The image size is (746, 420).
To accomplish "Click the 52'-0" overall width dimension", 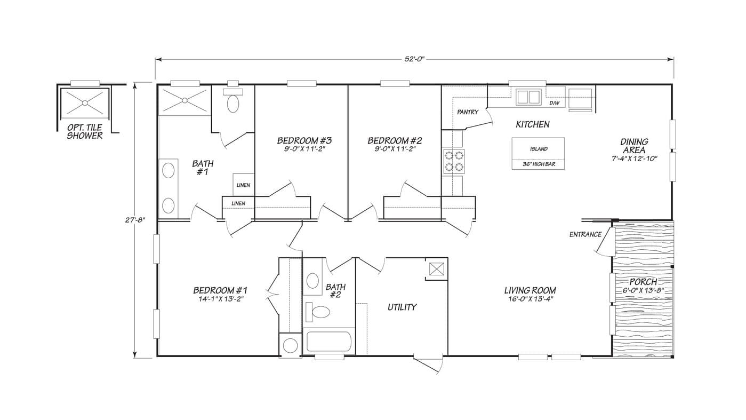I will (x=414, y=59).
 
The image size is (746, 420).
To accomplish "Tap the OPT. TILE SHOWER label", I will (x=85, y=132).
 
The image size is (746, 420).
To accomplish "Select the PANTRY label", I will (x=468, y=112).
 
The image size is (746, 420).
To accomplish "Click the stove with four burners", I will (x=453, y=162).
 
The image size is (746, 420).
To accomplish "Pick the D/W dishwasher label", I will (x=555, y=103).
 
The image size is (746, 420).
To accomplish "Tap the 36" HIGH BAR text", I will (x=539, y=164).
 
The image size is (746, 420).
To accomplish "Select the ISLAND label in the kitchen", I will (x=539, y=149).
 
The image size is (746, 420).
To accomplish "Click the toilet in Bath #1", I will (x=233, y=103).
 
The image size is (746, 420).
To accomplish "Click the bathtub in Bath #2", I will (x=328, y=342).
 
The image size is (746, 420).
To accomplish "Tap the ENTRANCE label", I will (x=585, y=234).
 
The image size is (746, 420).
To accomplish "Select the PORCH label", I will (x=643, y=282).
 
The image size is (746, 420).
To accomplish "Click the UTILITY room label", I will (x=402, y=307).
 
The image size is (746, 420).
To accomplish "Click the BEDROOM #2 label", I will (x=395, y=140).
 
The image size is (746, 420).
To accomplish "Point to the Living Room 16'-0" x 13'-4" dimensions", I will (x=530, y=299).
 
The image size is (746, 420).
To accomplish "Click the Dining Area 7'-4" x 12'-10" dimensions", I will (x=634, y=158).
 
